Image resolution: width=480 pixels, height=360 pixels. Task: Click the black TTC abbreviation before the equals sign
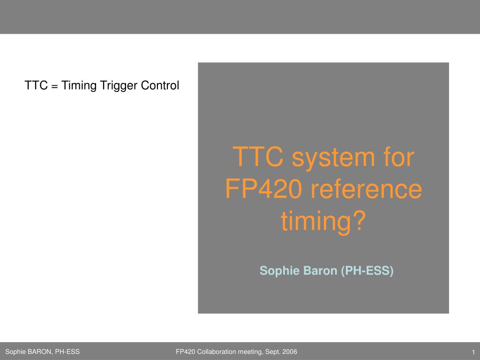coord(36,85)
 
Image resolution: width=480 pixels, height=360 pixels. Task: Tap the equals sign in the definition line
coord(54,86)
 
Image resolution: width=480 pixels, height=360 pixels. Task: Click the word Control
coord(160,85)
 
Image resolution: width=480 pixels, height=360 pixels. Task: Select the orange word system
coord(333,158)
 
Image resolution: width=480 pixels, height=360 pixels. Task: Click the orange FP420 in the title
coord(263,189)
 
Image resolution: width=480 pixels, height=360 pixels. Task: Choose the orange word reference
coord(367,189)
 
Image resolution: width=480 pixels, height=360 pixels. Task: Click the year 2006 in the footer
coord(290,352)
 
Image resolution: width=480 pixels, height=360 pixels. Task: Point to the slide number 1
coord(473,352)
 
